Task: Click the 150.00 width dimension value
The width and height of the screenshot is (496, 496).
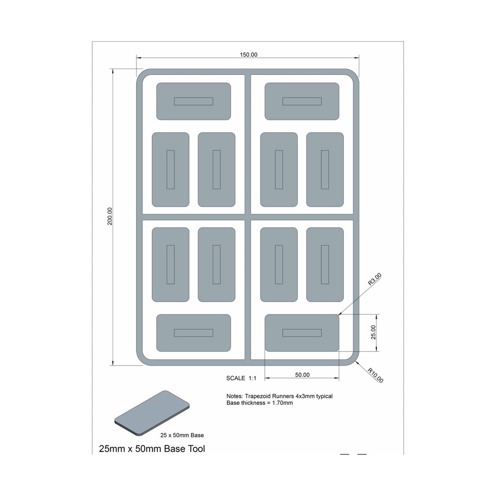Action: [248, 55]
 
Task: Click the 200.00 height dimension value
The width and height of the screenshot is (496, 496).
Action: [110, 216]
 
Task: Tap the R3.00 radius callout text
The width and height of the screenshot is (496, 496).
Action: [375, 279]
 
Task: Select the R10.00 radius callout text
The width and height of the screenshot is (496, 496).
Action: [375, 375]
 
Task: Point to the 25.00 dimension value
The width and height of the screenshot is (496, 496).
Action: [373, 332]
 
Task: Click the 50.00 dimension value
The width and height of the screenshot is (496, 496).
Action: [302, 375]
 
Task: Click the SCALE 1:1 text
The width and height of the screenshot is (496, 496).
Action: [241, 378]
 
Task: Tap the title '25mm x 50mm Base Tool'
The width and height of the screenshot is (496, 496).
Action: [152, 448]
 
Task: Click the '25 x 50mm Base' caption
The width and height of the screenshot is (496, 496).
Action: [182, 435]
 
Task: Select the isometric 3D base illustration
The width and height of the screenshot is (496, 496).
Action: [152, 413]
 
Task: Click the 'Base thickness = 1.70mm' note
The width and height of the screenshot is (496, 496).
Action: [259, 403]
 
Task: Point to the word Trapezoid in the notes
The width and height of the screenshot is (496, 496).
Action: [257, 396]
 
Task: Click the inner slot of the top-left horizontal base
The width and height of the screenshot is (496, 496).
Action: [193, 101]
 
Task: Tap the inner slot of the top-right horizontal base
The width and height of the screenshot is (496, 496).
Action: [302, 101]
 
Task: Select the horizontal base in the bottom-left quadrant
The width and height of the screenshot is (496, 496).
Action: [193, 333]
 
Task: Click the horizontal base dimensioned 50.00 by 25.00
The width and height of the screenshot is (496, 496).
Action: [302, 333]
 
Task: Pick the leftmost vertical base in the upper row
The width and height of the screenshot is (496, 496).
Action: [171, 170]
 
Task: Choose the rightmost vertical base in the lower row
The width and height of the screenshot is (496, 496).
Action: [325, 264]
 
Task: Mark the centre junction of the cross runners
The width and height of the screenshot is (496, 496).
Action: [248, 217]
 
